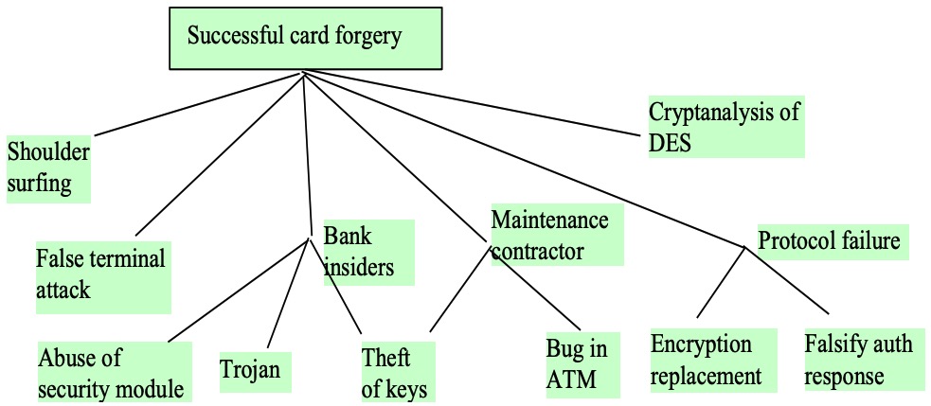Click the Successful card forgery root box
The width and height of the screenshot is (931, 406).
pyautogui.click(x=306, y=38)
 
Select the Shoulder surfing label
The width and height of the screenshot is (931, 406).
pyautogui.click(x=48, y=168)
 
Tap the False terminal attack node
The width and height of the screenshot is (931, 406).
pyautogui.click(x=103, y=276)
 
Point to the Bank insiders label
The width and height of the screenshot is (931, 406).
pyautogui.click(x=368, y=253)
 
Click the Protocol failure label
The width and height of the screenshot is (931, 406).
pyautogui.click(x=833, y=241)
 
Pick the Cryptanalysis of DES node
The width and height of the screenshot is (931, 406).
pyautogui.click(x=726, y=127)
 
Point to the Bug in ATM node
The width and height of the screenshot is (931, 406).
pyautogui.click(x=583, y=364)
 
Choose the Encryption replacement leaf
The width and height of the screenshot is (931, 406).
pyautogui.click(x=713, y=361)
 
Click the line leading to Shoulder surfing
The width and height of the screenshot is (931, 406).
pyautogui.click(x=199, y=104)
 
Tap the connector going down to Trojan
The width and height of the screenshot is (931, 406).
pyautogui.click(x=288, y=293)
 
